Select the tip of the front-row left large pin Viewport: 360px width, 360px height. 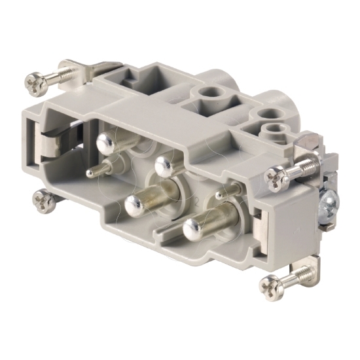pyautogui.click(x=135, y=202)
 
